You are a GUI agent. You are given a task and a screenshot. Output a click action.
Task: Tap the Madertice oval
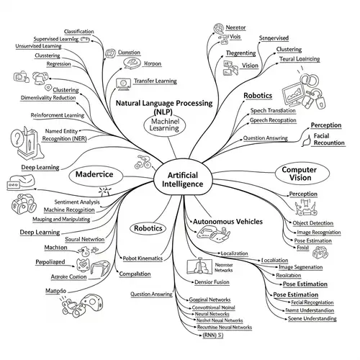pyautogui.click(x=94, y=175)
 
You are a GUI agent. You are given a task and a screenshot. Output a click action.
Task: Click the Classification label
pyautogui.click(x=83, y=32)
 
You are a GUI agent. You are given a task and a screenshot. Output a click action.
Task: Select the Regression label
pyautogui.click(x=58, y=63)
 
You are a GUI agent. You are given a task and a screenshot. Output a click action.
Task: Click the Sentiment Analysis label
pyautogui.click(x=60, y=202)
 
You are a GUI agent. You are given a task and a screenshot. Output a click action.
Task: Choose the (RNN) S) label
pyautogui.click(x=209, y=335)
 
